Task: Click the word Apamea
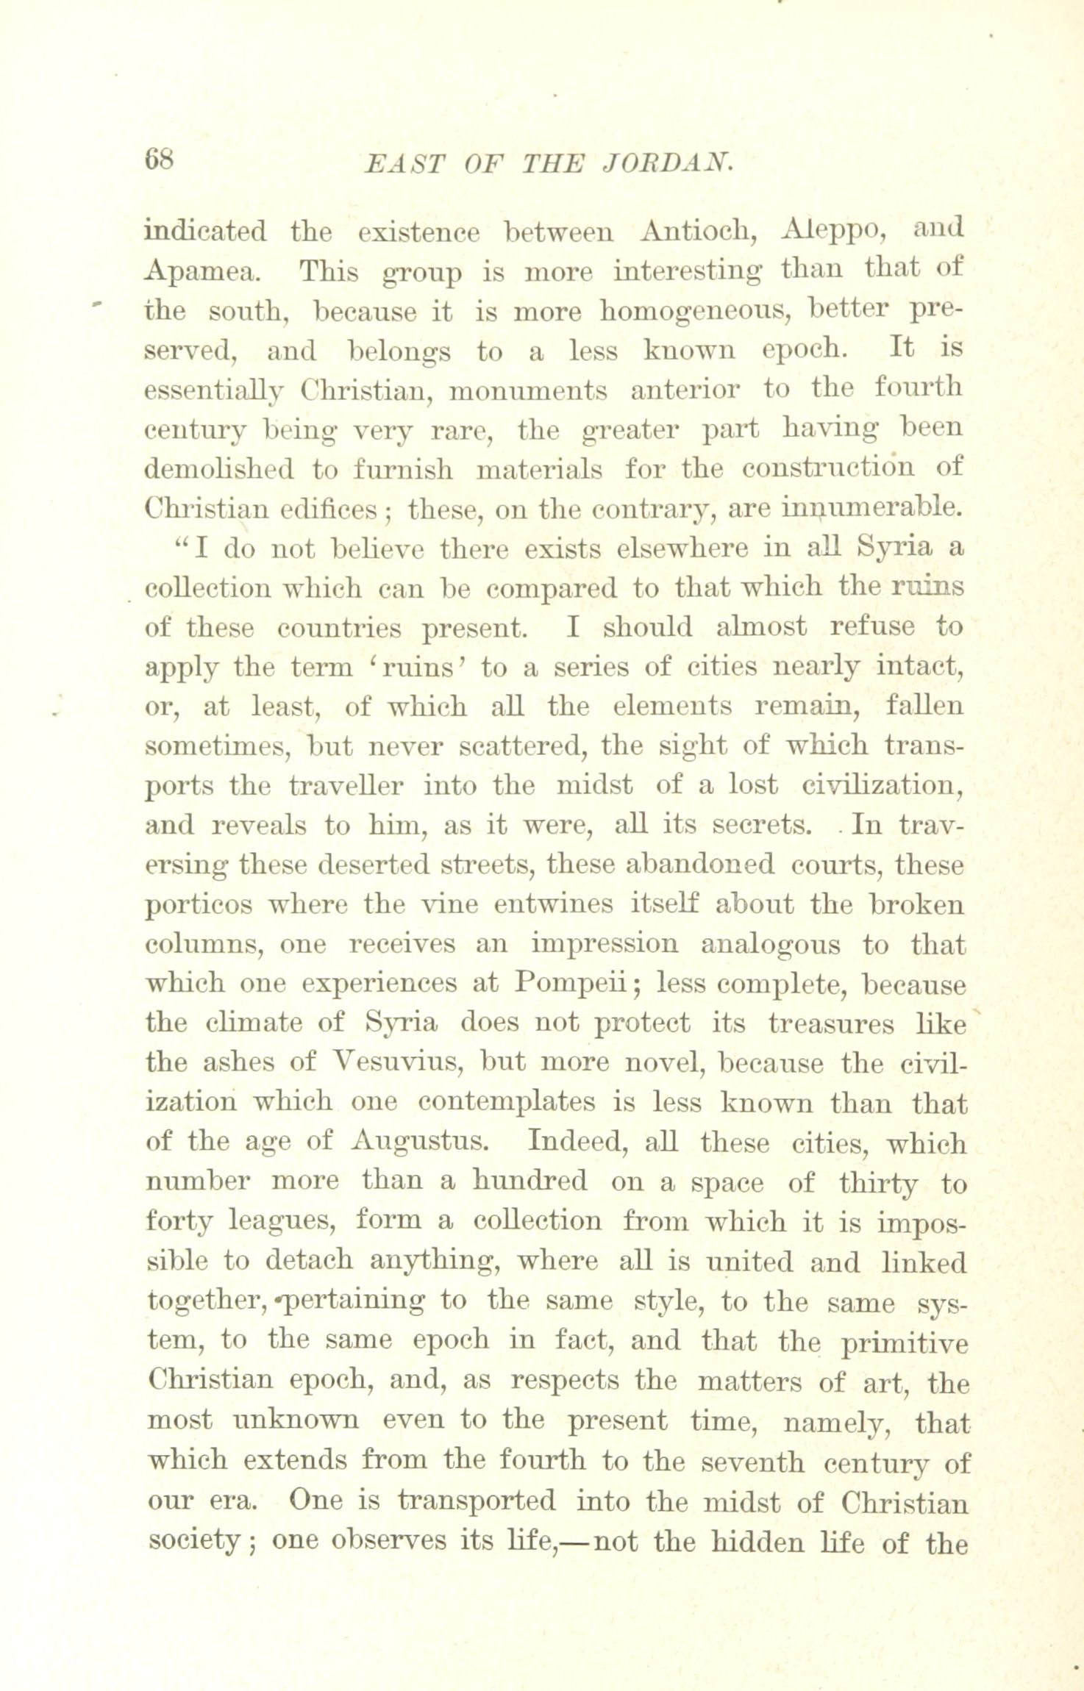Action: (x=200, y=273)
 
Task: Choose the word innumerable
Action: (x=871, y=508)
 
